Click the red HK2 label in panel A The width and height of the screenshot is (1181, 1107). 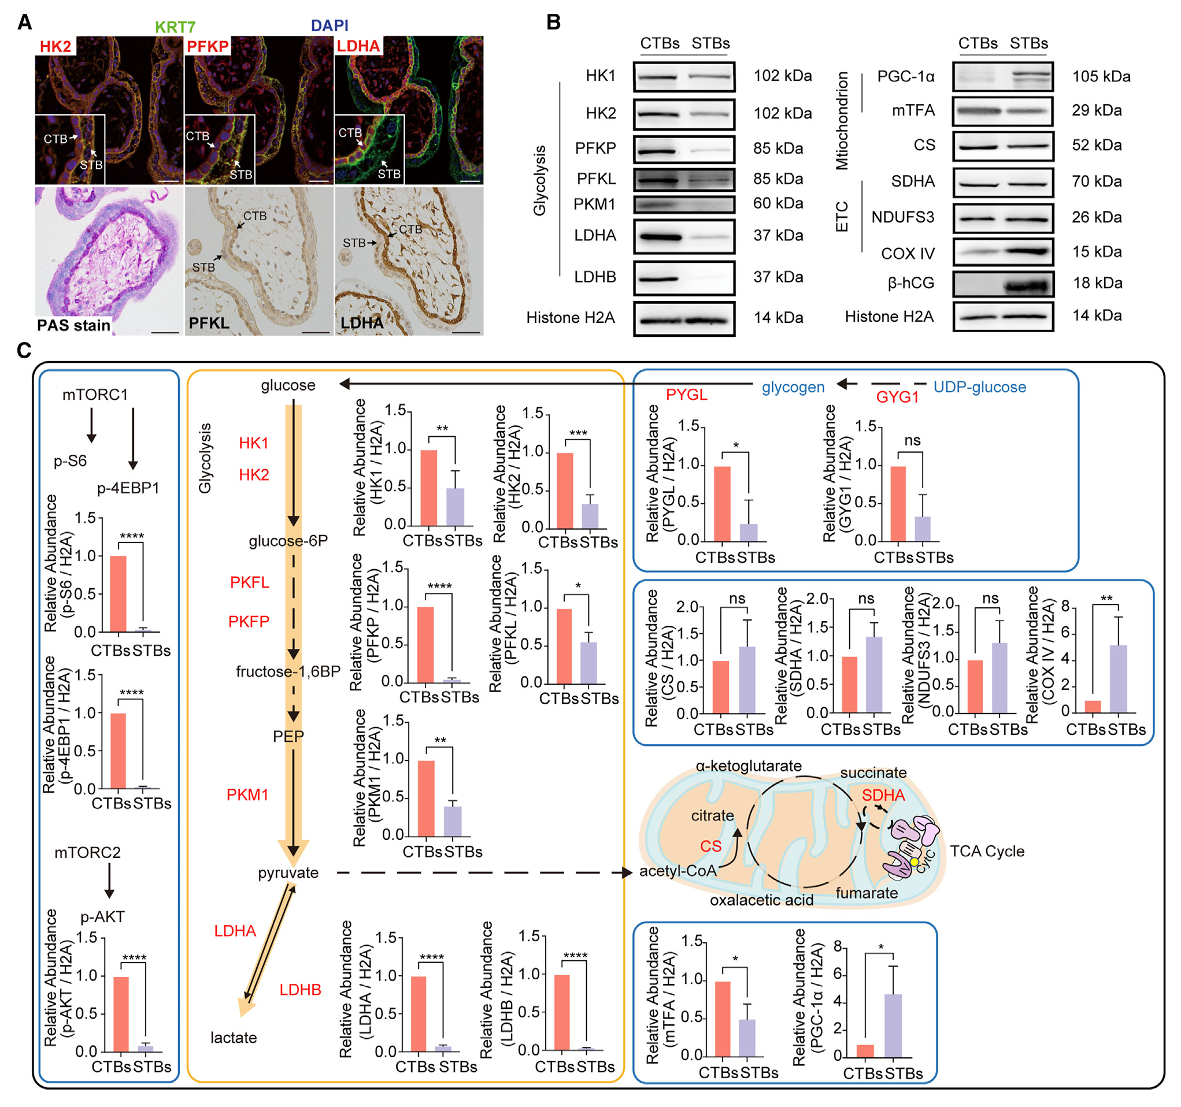[x=55, y=46]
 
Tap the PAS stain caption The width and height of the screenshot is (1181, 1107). [x=73, y=325]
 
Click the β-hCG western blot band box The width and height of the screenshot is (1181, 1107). [x=1003, y=284]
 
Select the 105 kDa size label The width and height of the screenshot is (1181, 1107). [x=1101, y=77]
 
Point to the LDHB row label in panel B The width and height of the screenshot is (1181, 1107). [x=595, y=277]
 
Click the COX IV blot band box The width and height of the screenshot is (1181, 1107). [x=1003, y=252]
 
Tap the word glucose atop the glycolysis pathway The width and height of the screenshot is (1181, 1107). [x=288, y=385]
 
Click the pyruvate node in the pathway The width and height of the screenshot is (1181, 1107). [x=288, y=872]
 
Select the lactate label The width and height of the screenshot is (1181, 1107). [x=234, y=1038]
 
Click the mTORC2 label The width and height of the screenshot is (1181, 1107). [x=87, y=853]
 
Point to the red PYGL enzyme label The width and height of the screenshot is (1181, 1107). [x=686, y=395]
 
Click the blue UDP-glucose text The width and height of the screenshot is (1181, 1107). [x=980, y=387]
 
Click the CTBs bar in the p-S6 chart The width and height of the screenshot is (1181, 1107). [x=119, y=593]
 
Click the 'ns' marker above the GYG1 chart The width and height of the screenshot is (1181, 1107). [x=912, y=441]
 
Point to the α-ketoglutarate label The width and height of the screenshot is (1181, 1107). [x=749, y=766]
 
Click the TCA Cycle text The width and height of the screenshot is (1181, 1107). [x=987, y=851]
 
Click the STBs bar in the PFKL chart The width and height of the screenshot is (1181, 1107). [x=588, y=663]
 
